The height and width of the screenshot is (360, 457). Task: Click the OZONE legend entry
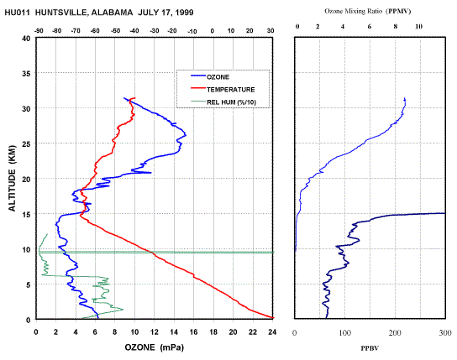[x=218, y=77]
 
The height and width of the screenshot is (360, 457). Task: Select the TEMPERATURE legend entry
[x=230, y=90]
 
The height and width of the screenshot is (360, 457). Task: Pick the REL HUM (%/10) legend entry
[x=231, y=102]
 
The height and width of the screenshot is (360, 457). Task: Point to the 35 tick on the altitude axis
[x=26, y=74]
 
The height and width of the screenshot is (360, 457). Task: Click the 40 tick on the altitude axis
[x=26, y=39]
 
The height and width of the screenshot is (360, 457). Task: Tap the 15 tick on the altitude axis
[x=26, y=215]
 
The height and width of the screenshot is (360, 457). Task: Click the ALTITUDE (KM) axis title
[x=12, y=178]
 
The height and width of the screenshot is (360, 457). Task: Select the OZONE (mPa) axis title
[x=155, y=347]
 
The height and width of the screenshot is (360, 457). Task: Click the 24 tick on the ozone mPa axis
[x=272, y=332]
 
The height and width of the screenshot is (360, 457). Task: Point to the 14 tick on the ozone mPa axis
[x=174, y=332]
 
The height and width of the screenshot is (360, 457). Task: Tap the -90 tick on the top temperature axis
[x=39, y=31]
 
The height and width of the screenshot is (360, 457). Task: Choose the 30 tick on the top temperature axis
[x=271, y=31]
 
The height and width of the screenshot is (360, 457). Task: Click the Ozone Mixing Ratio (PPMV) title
[x=368, y=12]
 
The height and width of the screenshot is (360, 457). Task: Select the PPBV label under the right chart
[x=370, y=348]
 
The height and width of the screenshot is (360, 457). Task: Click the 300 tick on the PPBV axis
[x=445, y=332]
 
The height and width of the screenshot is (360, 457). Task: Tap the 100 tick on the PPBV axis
[x=344, y=332]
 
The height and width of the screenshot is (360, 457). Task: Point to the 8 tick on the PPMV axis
[x=396, y=27]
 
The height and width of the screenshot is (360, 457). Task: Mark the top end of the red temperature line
[x=134, y=98]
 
